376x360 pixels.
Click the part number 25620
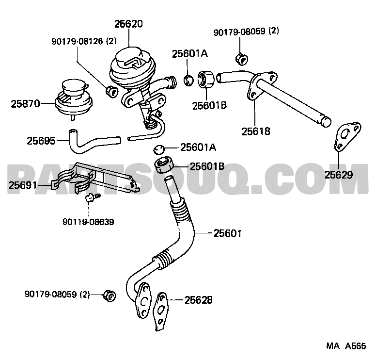[128, 24]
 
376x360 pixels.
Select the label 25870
[25, 104]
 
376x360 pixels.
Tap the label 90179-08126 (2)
[84, 41]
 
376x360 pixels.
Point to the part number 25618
[256, 131]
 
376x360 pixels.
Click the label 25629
[339, 175]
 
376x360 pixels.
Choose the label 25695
[41, 141]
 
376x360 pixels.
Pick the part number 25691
[23, 185]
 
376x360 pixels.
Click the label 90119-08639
[89, 222]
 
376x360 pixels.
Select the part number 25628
[198, 300]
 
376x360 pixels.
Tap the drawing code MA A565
[346, 346]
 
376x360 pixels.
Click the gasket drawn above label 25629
[347, 137]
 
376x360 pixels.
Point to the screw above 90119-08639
[93, 197]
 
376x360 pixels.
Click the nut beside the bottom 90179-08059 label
[110, 296]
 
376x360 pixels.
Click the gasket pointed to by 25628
[161, 311]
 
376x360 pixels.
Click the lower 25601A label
[198, 147]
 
